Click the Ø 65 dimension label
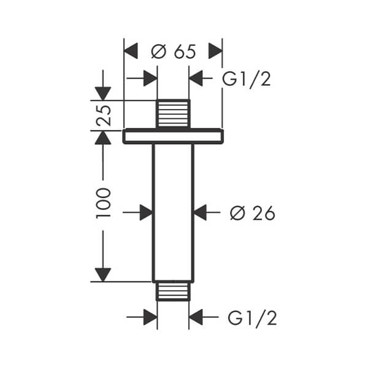[174, 52]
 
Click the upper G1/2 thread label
[245, 79]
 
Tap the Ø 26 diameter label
[252, 213]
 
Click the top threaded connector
[173, 114]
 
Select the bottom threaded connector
[173, 291]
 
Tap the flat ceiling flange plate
[173, 136]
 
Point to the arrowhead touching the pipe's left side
[146, 212]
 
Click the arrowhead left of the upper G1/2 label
[196, 79]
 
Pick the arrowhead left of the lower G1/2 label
[196, 317]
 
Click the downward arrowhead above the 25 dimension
[103, 93]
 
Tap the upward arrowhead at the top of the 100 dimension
[103, 137]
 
